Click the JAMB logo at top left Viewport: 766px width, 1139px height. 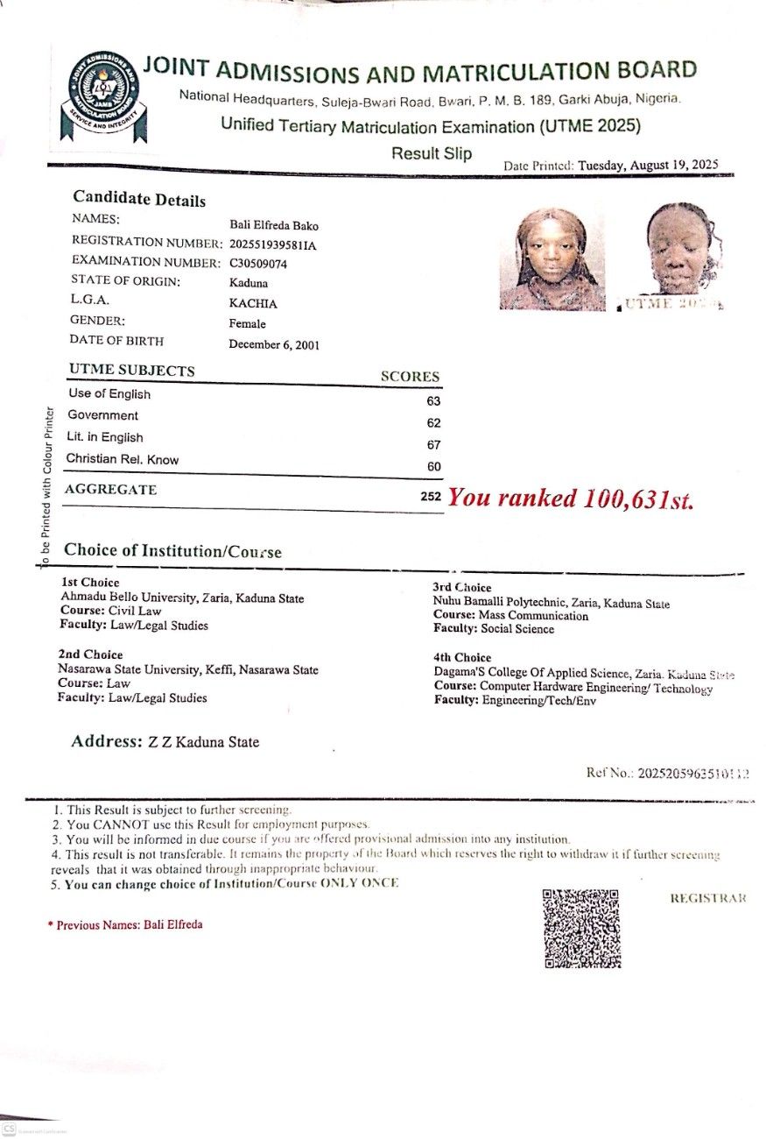99,96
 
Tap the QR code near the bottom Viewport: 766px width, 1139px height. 582,928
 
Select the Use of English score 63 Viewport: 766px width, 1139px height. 433,401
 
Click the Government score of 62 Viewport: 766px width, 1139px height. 433,422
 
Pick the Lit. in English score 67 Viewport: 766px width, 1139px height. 433,444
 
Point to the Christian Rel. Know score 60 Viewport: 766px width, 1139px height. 433,466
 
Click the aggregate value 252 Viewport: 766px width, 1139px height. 430,497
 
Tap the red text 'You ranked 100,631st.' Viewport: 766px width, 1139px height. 570,499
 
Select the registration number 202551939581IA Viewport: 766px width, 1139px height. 272,244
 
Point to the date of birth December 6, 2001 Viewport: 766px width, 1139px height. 274,344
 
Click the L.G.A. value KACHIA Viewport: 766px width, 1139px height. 253,303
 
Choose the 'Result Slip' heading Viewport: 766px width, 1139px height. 432,154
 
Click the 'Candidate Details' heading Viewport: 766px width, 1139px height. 139,199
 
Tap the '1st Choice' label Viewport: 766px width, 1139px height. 90,582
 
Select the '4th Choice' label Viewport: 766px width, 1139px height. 461,657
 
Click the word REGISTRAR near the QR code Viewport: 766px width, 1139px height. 708,899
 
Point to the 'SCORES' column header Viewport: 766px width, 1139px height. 410,377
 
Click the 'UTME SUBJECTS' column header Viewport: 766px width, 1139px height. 131,371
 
